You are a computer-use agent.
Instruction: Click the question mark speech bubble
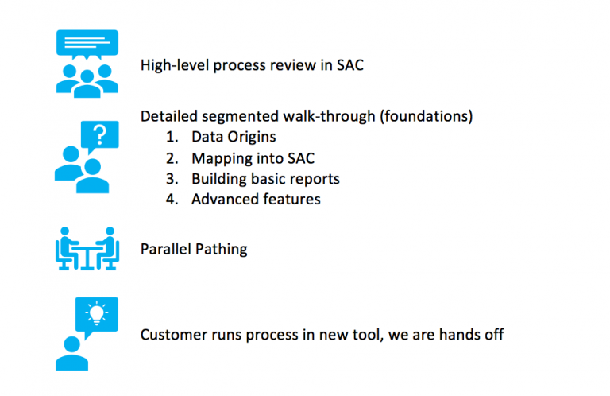(100, 135)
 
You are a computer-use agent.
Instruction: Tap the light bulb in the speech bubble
(96, 313)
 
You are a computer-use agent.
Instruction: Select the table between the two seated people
(87, 256)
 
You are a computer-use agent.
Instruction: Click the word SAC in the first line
(350, 65)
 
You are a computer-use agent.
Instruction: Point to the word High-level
(175, 65)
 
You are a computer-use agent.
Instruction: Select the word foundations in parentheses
(426, 116)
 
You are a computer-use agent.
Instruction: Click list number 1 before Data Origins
(172, 137)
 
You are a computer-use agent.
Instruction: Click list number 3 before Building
(172, 179)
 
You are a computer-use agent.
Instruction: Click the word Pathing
(221, 249)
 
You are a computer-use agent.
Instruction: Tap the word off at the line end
(494, 335)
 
